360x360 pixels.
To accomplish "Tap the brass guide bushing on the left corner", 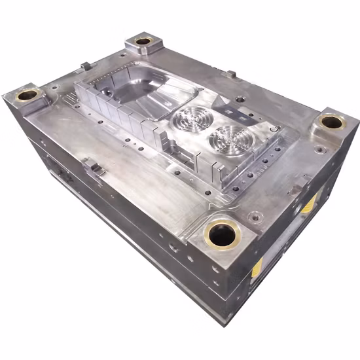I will pos(27,96).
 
